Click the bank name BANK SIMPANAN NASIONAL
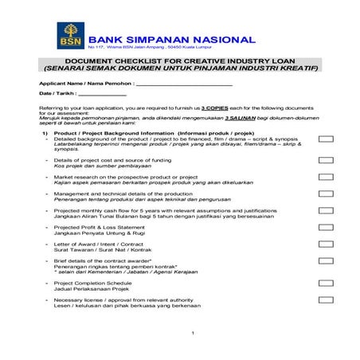pyautogui.click(x=172, y=39)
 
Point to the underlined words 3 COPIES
pyautogui.click(x=216, y=107)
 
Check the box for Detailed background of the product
pyautogui.click(x=325, y=139)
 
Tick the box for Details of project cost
pyautogui.click(x=325, y=160)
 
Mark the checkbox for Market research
pyautogui.click(x=325, y=177)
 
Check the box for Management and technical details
pyautogui.click(x=325, y=194)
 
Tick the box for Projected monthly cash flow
pyautogui.click(x=325, y=210)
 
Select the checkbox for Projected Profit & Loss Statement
pyautogui.click(x=325, y=227)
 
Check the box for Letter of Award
pyautogui.click(x=325, y=244)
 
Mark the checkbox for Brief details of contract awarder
pyautogui.click(x=325, y=260)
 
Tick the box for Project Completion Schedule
pyautogui.click(x=325, y=282)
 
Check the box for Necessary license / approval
pyautogui.click(x=325, y=299)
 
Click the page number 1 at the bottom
pyautogui.click(x=193, y=332)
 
